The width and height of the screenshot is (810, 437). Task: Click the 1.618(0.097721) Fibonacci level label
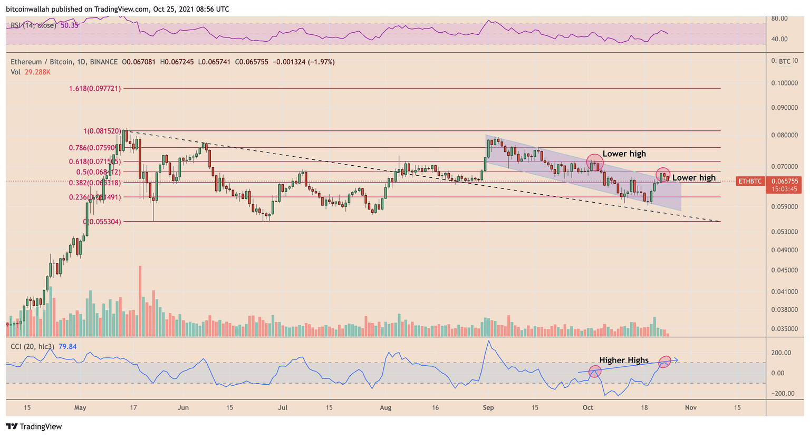click(x=94, y=89)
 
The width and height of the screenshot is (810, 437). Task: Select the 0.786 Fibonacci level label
click(x=94, y=148)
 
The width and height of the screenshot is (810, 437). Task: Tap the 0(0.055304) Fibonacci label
click(x=102, y=222)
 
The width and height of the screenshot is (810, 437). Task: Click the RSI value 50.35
click(x=70, y=25)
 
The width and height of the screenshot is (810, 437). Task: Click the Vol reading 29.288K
click(x=37, y=72)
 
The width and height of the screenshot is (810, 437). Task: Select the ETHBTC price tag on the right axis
click(x=749, y=181)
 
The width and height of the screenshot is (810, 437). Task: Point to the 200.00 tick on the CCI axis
click(x=782, y=353)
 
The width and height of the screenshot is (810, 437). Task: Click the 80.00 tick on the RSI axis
click(x=779, y=18)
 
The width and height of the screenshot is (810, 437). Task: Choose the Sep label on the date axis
click(x=488, y=407)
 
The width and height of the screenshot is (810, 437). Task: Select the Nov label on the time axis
click(x=690, y=407)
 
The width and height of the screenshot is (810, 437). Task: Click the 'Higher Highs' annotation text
click(x=623, y=360)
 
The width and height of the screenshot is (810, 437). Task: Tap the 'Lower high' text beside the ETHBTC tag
click(x=693, y=178)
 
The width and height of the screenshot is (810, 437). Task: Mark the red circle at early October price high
click(x=595, y=162)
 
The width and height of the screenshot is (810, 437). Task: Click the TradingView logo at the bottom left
click(x=34, y=426)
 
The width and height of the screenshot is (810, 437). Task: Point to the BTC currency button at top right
click(x=785, y=61)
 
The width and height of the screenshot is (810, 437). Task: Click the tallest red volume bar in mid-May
click(x=140, y=301)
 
